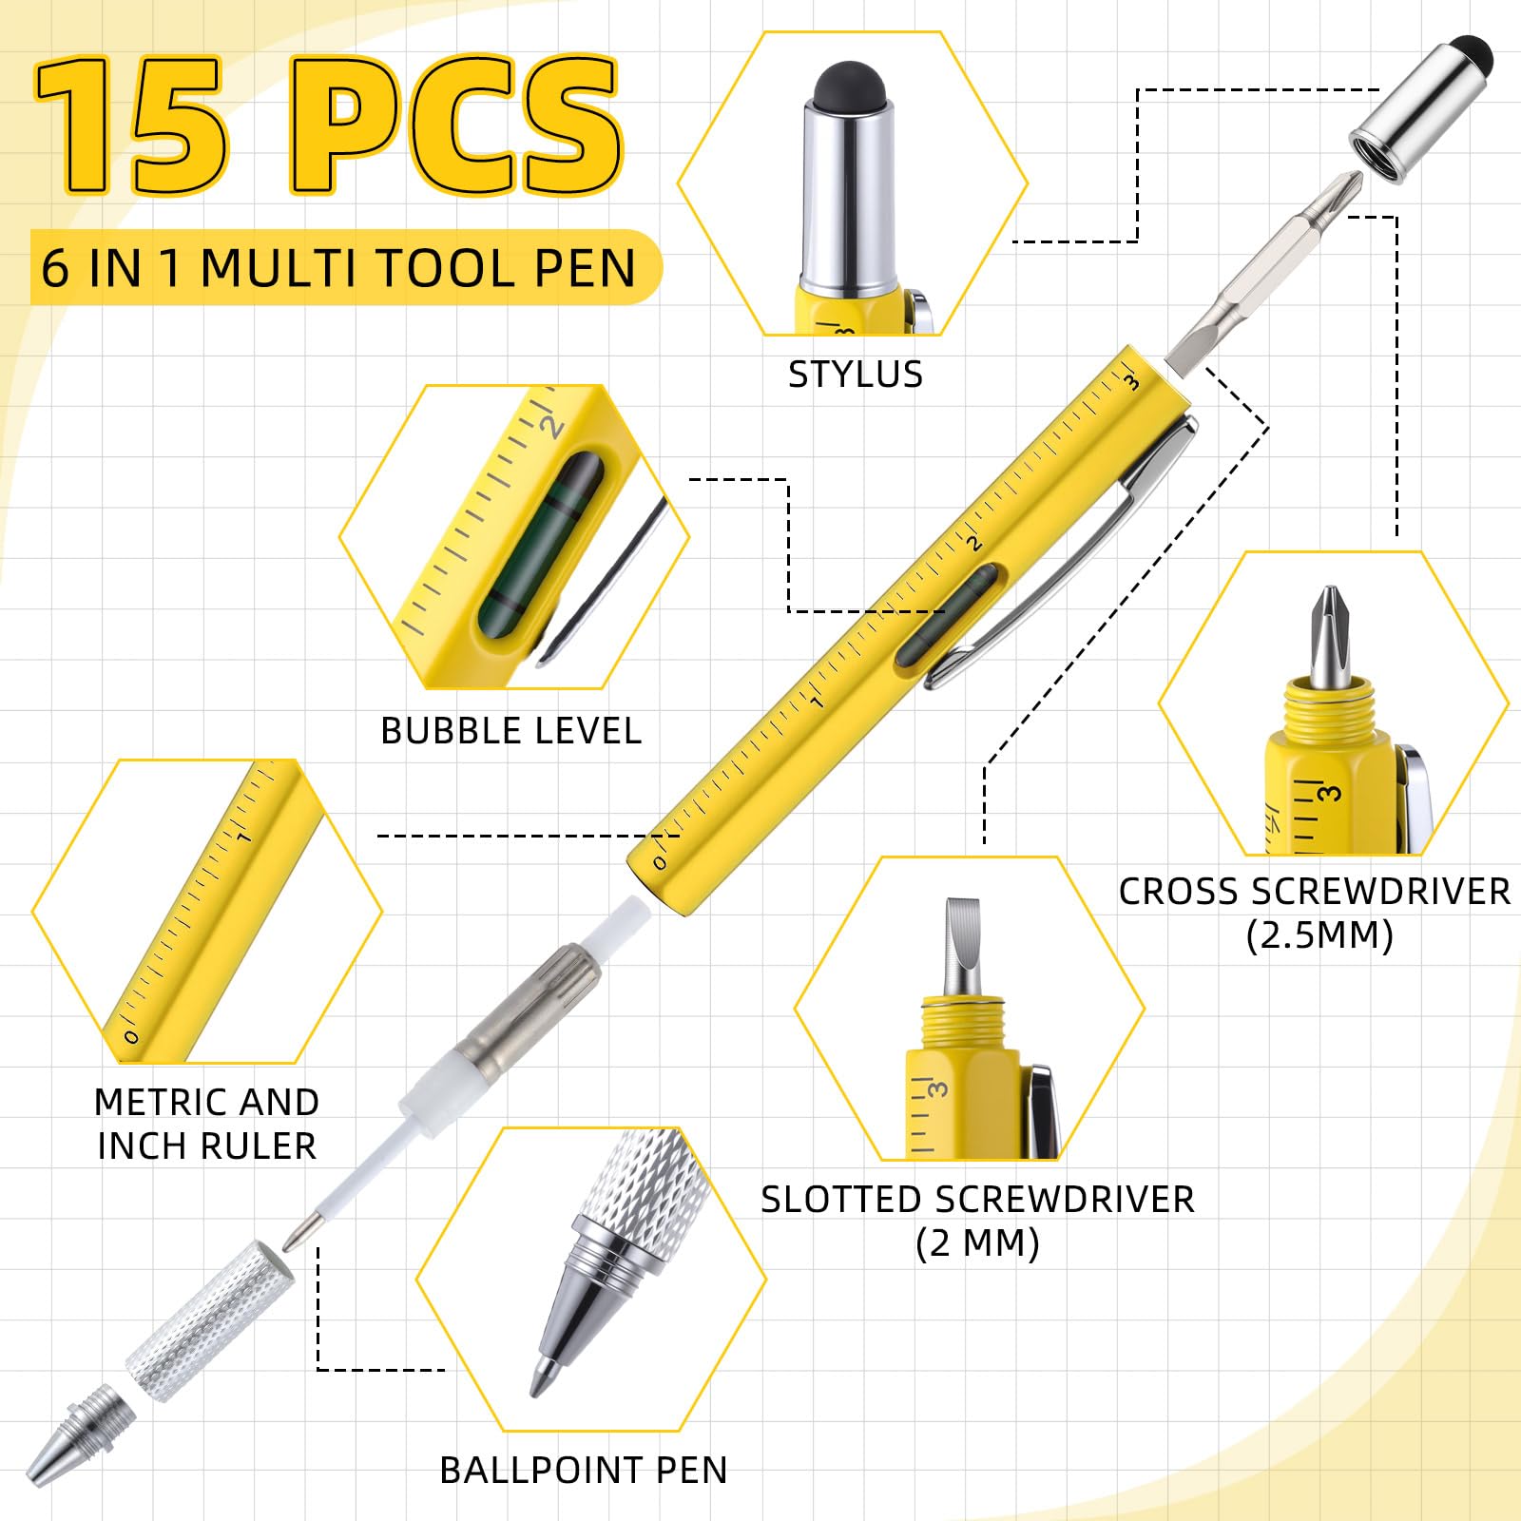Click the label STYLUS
pyautogui.click(x=856, y=375)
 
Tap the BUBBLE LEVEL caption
pyautogui.click(x=511, y=731)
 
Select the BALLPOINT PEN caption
pyautogui.click(x=584, y=1470)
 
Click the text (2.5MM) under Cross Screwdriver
pyautogui.click(x=1319, y=936)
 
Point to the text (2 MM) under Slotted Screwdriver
pyautogui.click(x=977, y=1243)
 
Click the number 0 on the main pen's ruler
pyautogui.click(x=659, y=863)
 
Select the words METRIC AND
pyautogui.click(x=206, y=1102)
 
